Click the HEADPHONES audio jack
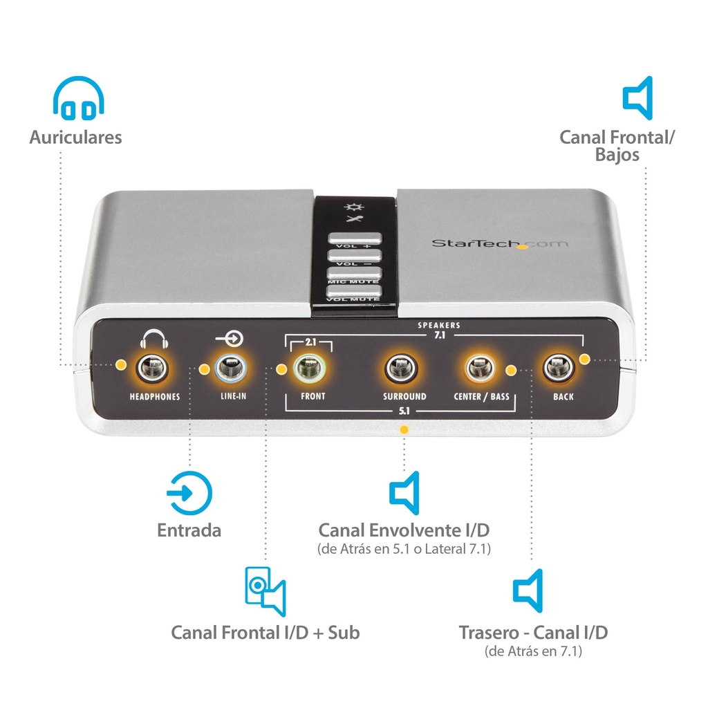(153, 368)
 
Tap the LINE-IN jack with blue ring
(231, 368)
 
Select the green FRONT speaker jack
(309, 368)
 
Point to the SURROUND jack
(401, 368)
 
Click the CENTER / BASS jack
(481, 368)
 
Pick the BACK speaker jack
(559, 368)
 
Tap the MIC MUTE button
(355, 273)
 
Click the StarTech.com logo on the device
(500, 244)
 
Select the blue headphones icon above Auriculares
(79, 98)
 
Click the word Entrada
(189, 530)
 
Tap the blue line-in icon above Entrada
(189, 493)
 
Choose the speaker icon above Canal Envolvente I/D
(404, 493)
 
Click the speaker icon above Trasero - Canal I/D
(528, 590)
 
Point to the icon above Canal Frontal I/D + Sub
(265, 592)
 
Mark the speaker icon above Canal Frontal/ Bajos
(637, 98)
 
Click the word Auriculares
(76, 138)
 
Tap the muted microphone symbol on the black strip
(354, 219)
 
